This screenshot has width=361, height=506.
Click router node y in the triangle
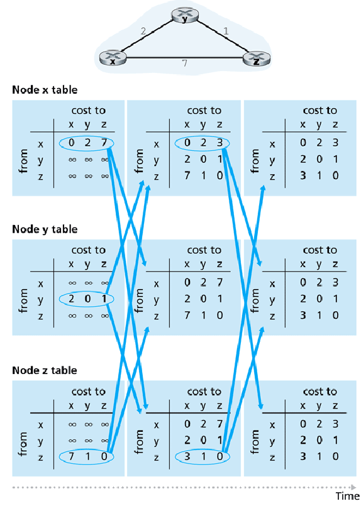pos(184,17)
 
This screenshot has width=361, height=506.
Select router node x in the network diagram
pos(113,59)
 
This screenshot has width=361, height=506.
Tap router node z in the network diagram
pos(256,59)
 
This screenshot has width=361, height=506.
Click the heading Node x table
pos(45,90)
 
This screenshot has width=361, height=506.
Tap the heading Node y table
pos(45,229)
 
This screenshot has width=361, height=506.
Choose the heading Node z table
pos(45,370)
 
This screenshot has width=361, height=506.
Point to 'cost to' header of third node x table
pos(319,111)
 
